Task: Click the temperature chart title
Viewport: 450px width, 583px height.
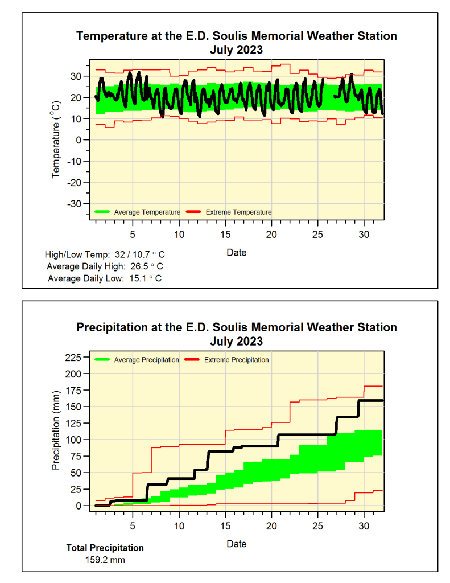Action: coord(236,43)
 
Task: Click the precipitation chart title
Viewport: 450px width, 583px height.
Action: coord(236,334)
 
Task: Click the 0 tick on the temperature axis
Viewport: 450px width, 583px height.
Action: coord(83,140)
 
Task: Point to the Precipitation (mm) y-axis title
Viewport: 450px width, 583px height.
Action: coord(56,430)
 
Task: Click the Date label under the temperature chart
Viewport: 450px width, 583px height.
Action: coord(236,252)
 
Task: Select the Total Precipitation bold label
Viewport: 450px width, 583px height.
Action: coord(105,548)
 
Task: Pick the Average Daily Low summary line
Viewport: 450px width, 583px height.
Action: coord(105,278)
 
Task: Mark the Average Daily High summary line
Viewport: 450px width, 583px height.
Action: coord(105,266)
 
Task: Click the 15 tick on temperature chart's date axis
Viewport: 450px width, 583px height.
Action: coord(225,235)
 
